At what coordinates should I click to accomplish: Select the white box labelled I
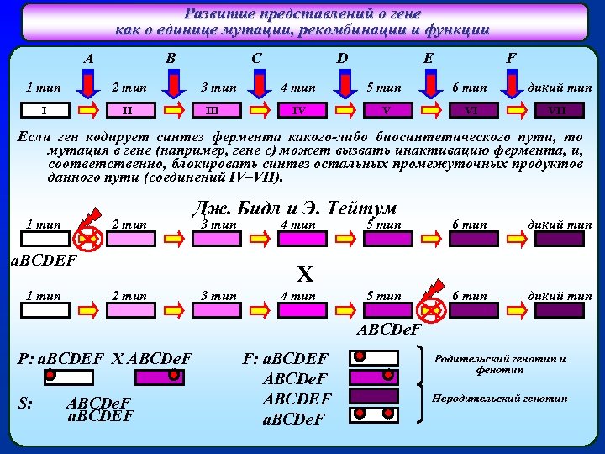[44, 110]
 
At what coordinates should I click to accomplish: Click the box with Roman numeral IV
[300, 110]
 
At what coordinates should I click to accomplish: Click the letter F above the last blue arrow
[510, 59]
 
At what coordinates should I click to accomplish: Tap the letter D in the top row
[342, 59]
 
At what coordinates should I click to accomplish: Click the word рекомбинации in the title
[310, 29]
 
